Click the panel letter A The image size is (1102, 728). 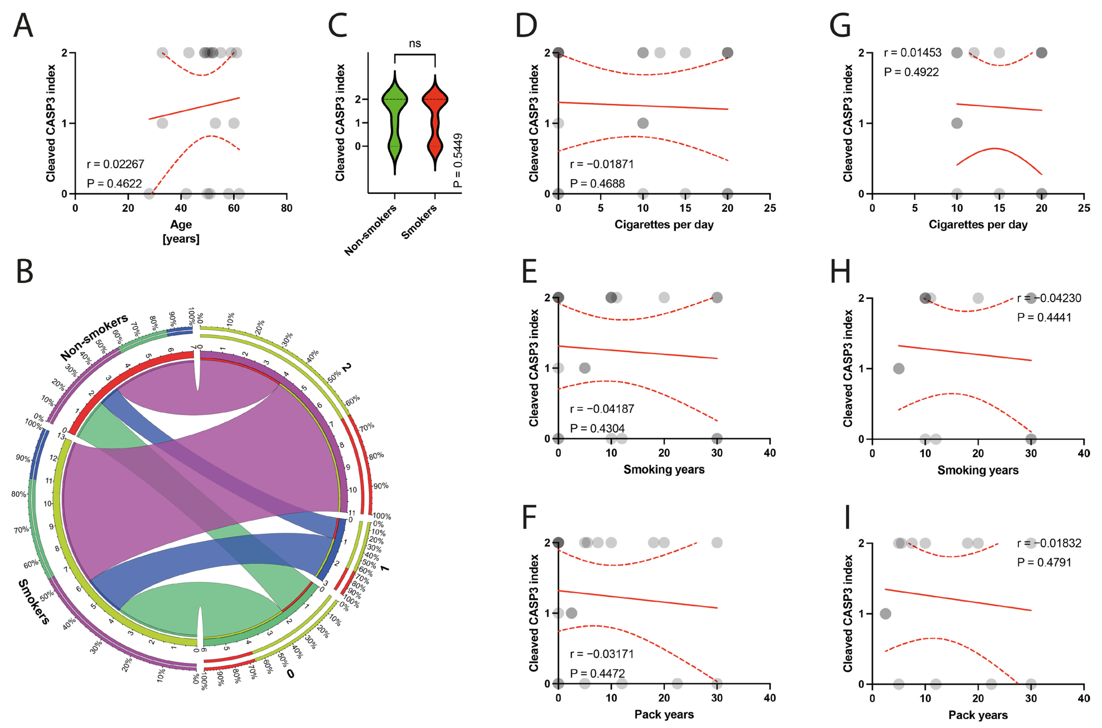(23, 26)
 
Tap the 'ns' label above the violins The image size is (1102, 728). (415, 44)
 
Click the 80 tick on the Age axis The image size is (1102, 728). (286, 208)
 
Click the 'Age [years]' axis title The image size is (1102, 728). (181, 231)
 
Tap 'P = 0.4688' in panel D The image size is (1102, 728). (597, 183)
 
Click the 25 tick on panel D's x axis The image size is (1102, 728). (770, 208)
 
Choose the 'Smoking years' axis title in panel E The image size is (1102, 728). (664, 469)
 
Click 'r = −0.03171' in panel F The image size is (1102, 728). (602, 654)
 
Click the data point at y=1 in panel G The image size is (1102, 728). (957, 123)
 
